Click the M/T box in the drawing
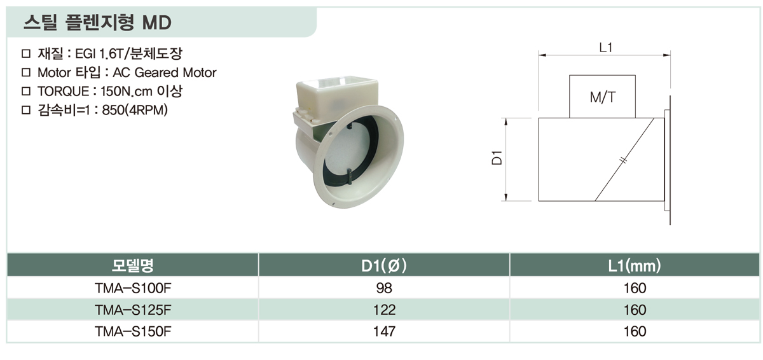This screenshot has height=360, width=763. coord(602,97)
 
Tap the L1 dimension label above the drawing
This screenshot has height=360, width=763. coord(606,48)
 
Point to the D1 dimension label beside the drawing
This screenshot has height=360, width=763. coord(497,158)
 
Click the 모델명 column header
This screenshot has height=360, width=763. coord(133,265)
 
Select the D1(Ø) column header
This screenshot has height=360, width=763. coord(384,266)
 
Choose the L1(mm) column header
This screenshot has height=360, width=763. coord(635,266)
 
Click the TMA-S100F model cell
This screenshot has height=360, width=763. coord(133,288)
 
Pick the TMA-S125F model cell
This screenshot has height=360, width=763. coord(133,310)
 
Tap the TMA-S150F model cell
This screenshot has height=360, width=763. coord(133,331)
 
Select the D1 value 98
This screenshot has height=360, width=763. coord(384,288)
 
